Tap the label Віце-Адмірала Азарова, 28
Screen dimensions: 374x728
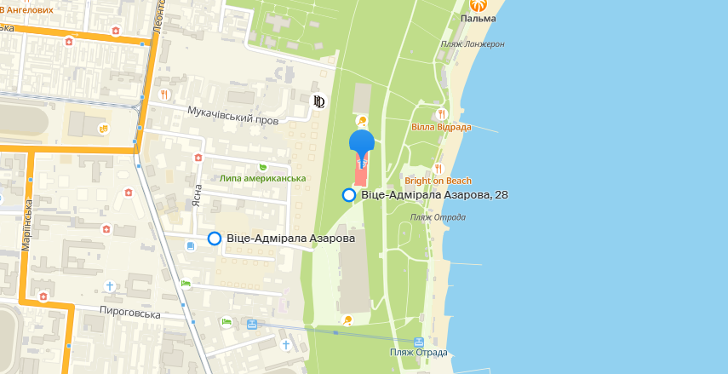point(434,195)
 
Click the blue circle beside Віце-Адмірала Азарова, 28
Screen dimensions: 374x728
point(349,195)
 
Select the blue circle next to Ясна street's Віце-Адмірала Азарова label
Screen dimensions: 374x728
point(215,239)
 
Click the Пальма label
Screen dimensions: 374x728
point(478,18)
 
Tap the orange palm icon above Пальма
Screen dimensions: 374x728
point(478,4)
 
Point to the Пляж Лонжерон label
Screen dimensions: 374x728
point(473,44)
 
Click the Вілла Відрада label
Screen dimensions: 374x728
point(441,127)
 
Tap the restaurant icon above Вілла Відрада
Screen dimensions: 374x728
point(441,113)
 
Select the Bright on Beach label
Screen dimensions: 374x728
point(439,181)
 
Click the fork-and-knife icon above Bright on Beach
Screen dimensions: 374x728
point(439,168)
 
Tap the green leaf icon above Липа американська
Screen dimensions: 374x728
point(262,166)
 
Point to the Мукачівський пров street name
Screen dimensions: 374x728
point(233,115)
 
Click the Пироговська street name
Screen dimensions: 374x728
point(130,314)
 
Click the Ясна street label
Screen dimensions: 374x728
point(197,198)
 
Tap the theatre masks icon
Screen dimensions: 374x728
point(104,129)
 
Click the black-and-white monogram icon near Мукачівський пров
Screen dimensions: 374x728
point(319,102)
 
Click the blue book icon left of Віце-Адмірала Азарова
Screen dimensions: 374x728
point(188,245)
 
